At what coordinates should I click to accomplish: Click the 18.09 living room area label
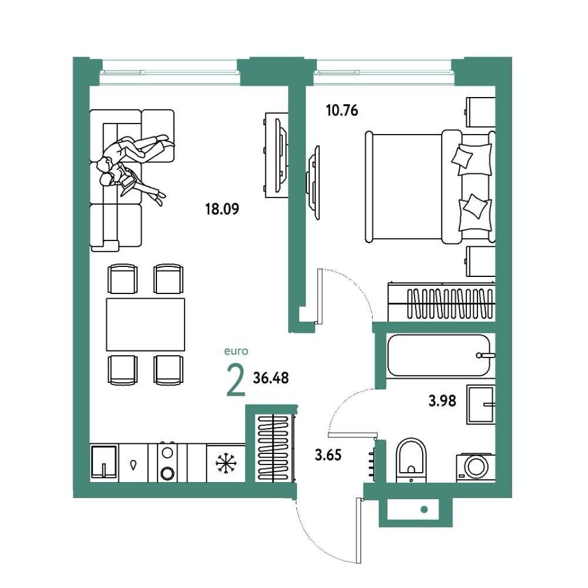pos(222,209)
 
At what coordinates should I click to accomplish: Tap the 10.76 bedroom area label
pos(342,111)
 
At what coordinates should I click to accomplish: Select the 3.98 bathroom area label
pos(442,401)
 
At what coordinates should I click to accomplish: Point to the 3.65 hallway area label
pos(328,455)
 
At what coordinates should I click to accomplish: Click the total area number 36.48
pos(270,378)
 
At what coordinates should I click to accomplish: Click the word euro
pos(236,352)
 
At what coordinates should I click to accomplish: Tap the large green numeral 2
pos(236,380)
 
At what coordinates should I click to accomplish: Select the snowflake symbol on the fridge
pos(226,463)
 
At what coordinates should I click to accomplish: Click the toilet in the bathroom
pos(411,460)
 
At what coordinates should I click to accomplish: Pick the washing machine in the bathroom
pos(476,467)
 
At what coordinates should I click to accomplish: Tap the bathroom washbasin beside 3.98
pos(481,405)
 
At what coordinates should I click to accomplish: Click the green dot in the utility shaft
pos(424,509)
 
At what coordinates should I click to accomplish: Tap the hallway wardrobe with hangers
pos(275,447)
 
